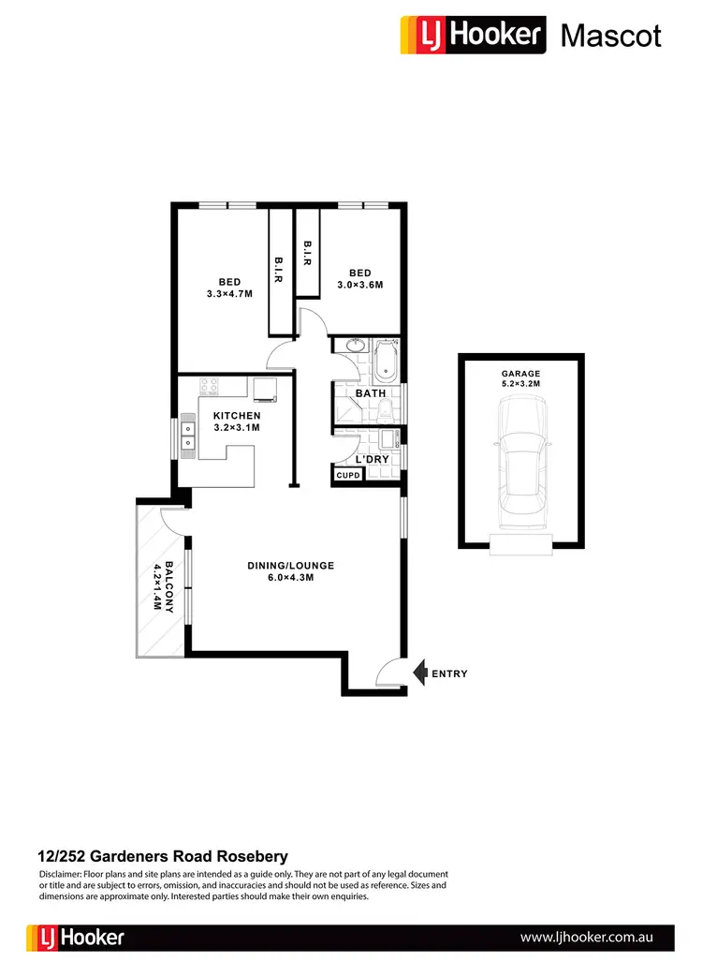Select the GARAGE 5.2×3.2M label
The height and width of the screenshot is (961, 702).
(521, 377)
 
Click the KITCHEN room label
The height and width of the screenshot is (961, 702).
(236, 421)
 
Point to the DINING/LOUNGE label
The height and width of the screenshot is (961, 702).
(290, 571)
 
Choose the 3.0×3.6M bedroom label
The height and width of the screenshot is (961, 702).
(359, 279)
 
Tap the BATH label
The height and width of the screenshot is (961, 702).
(371, 394)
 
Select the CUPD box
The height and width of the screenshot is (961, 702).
(348, 476)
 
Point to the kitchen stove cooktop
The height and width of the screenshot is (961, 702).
(208, 385)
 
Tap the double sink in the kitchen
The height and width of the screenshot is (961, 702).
(188, 436)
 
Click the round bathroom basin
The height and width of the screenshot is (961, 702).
(355, 347)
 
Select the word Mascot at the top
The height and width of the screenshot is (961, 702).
(610, 36)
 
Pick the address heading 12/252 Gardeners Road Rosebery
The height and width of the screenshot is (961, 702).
(162, 856)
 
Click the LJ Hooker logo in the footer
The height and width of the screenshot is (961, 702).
(76, 937)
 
